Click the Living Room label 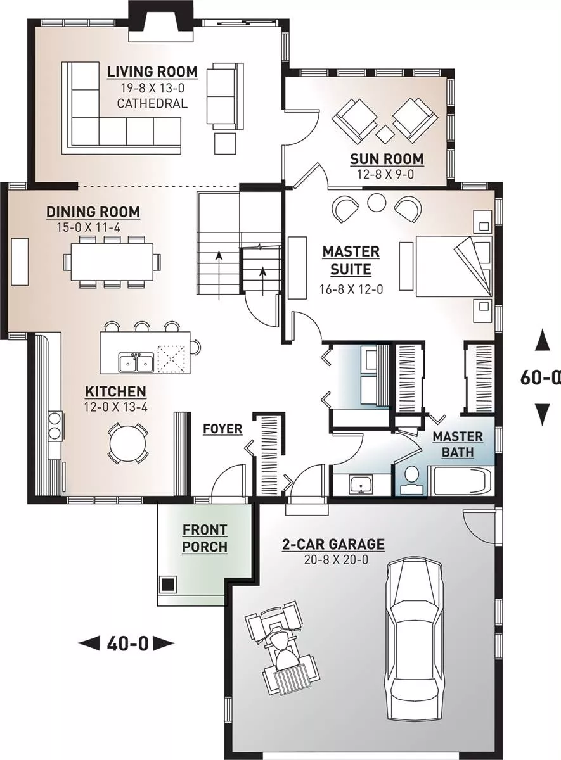152,72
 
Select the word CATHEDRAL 152,103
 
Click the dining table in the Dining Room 112,262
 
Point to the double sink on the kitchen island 136,362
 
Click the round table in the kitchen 127,443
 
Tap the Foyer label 222,429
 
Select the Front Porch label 205,538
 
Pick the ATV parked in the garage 283,643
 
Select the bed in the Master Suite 454,265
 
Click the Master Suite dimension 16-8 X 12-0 351,289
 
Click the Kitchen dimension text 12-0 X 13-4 116,407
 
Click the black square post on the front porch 167,584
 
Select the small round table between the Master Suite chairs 377,203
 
